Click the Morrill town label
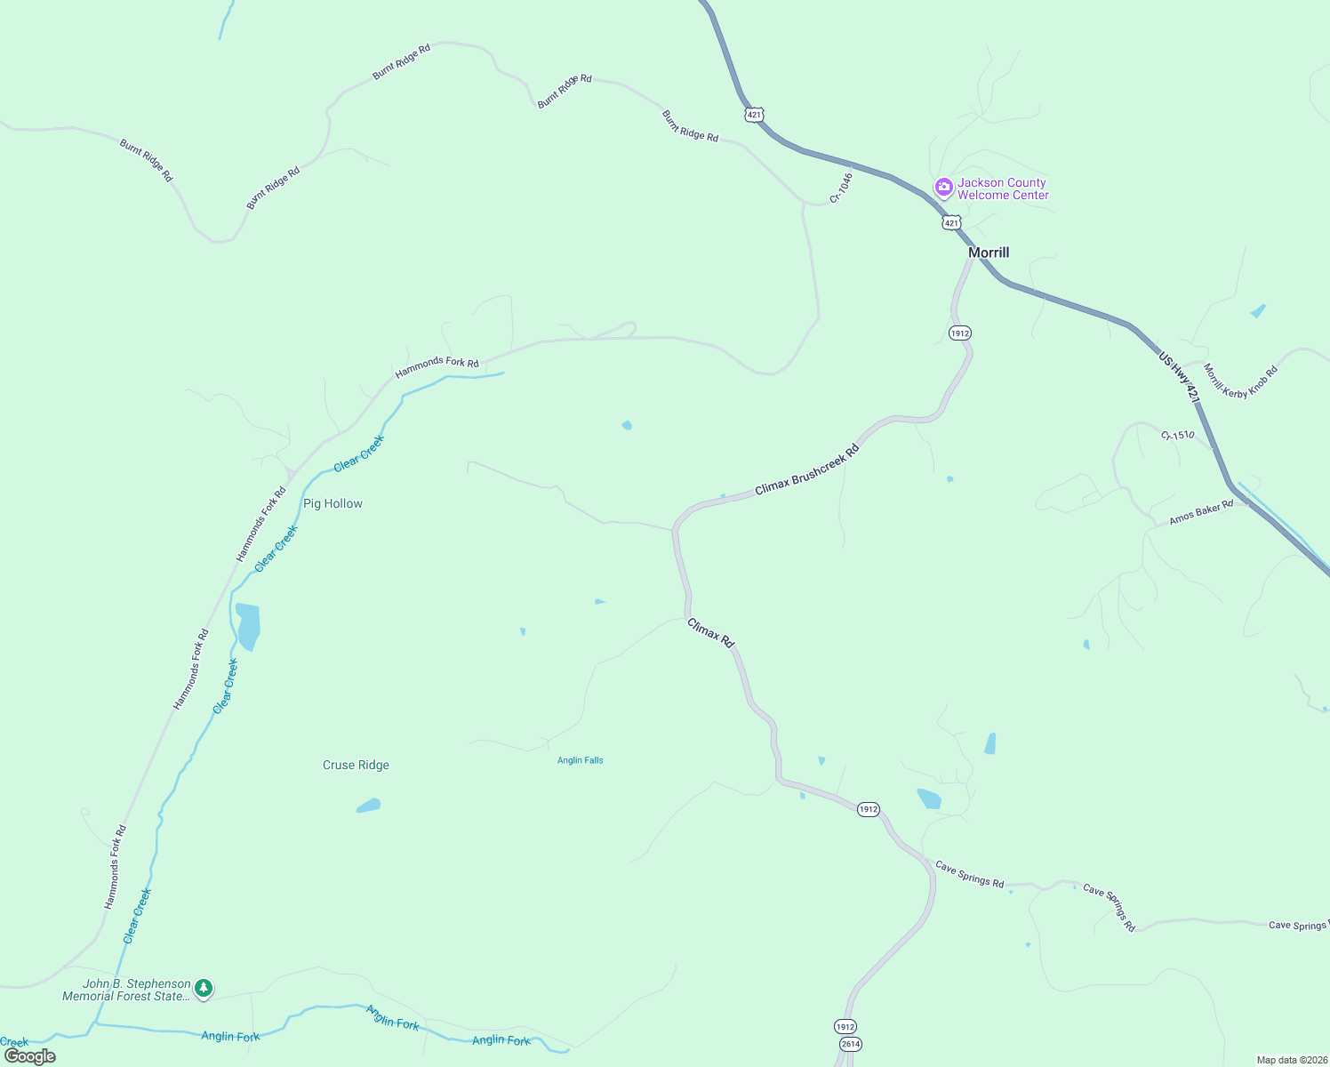click(989, 253)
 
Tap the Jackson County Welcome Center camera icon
click(943, 188)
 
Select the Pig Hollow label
click(332, 503)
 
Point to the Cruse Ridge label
click(356, 765)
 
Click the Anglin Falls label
click(580, 760)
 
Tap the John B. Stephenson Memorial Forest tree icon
click(204, 988)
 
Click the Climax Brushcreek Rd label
click(807, 470)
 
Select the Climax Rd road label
click(711, 633)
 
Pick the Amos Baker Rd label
click(1201, 512)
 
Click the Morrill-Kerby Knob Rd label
click(1240, 381)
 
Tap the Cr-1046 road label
click(841, 188)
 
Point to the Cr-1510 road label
click(1177, 435)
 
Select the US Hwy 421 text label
click(1179, 378)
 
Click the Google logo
click(30, 1056)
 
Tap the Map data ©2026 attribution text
click(1292, 1060)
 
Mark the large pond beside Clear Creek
click(248, 626)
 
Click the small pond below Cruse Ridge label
click(369, 806)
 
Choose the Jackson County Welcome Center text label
click(1003, 189)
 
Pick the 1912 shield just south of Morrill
click(959, 333)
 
